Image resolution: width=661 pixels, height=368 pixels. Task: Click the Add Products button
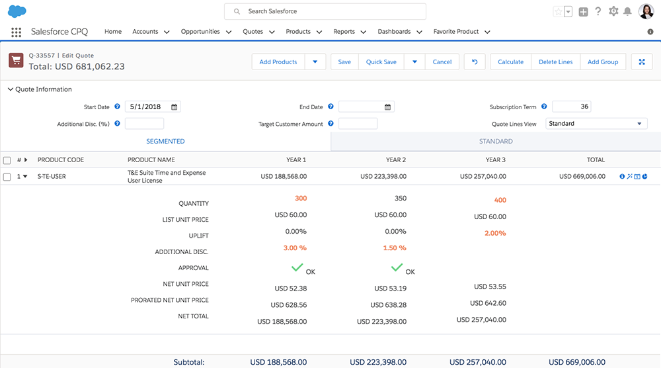(278, 62)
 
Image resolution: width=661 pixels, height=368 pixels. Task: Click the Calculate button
(510, 62)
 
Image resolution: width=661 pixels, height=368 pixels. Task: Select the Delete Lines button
(555, 62)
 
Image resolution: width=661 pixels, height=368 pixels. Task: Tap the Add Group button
(603, 62)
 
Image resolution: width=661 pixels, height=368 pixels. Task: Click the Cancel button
(442, 62)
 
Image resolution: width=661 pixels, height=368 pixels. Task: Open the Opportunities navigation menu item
(200, 32)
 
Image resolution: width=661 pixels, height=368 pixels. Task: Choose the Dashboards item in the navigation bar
(394, 32)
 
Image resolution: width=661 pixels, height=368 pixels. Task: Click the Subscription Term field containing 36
(571, 107)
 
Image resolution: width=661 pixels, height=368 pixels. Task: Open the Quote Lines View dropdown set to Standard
(596, 124)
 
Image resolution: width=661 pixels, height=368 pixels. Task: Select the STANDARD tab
(496, 141)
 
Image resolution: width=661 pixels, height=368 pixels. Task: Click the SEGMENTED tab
(165, 141)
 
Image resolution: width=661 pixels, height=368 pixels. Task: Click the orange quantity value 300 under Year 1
(301, 199)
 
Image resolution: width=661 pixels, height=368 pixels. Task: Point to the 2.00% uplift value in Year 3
(495, 233)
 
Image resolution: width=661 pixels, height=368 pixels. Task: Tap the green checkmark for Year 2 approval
(397, 267)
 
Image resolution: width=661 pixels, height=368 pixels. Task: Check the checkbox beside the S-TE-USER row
(7, 177)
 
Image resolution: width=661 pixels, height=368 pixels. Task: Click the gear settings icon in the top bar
(613, 11)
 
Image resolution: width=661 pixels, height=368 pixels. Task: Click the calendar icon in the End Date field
(389, 107)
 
